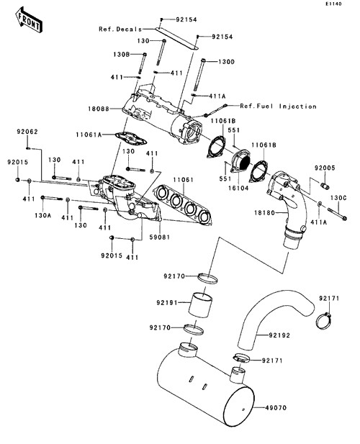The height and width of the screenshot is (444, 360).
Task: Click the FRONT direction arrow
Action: (29, 20)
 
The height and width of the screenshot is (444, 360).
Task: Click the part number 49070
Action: (276, 408)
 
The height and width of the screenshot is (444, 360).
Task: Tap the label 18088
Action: (99, 109)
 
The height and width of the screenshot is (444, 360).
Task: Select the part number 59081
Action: (160, 237)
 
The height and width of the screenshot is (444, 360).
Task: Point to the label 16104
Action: (238, 188)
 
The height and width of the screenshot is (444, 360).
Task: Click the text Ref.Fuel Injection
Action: (278, 107)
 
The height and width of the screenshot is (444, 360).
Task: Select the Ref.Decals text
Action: (120, 30)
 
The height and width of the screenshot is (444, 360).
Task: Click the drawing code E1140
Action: (333, 4)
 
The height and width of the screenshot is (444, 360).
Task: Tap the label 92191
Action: (167, 303)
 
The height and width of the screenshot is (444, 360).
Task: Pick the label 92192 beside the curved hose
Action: (279, 335)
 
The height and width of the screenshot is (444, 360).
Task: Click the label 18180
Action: (264, 213)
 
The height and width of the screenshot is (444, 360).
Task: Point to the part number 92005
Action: (325, 168)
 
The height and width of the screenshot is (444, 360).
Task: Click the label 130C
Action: (338, 198)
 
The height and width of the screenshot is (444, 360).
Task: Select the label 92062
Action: (27, 132)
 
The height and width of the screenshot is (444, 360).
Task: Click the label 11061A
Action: (89, 135)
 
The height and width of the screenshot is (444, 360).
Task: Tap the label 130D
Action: (226, 62)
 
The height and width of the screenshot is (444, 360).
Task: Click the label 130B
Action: (122, 54)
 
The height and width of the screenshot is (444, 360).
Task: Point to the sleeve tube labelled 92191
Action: (199, 305)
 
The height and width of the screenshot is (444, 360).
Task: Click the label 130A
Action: (43, 215)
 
